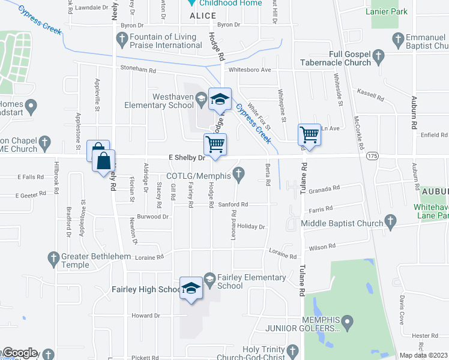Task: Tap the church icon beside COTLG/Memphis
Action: (x=239, y=175)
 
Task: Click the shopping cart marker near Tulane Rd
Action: (x=310, y=134)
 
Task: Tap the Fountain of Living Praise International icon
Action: (x=122, y=41)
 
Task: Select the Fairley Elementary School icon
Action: (x=209, y=278)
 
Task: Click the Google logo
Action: (x=20, y=353)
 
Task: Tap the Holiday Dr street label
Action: (x=251, y=227)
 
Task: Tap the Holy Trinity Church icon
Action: (x=292, y=350)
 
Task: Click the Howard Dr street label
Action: (x=146, y=315)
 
